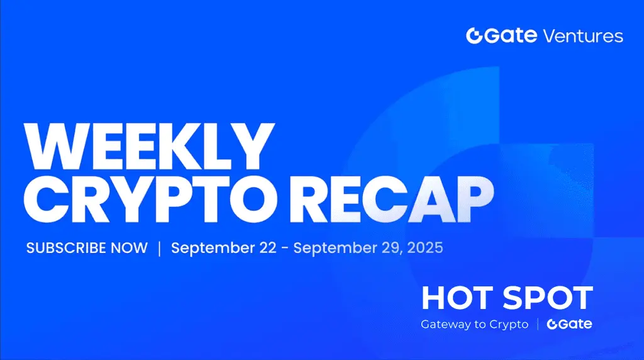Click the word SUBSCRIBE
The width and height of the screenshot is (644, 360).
(66, 248)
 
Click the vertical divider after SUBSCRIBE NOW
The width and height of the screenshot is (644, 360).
(159, 248)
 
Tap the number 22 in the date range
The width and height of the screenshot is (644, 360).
(268, 248)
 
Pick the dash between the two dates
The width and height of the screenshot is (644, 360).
(285, 249)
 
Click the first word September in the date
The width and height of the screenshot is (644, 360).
(213, 248)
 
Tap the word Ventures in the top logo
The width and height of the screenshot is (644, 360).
(583, 36)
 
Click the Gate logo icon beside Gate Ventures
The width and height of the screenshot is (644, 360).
(474, 36)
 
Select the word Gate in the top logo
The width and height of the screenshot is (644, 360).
(511, 35)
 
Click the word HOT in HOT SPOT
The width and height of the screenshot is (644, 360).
(457, 298)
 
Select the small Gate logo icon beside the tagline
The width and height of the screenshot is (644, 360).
(552, 324)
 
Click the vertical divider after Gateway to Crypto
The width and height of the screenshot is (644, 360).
(538, 324)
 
